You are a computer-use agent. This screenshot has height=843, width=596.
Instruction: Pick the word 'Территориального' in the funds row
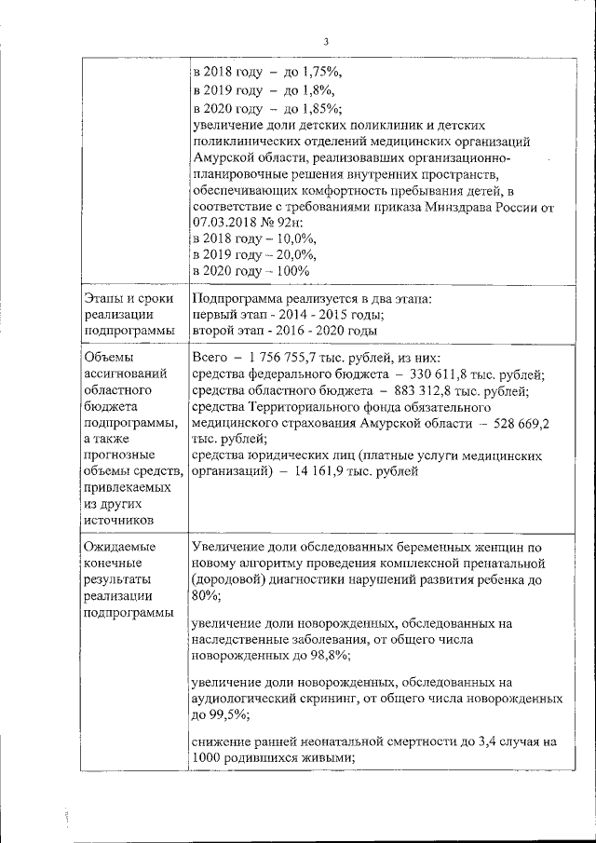coord(314,407)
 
